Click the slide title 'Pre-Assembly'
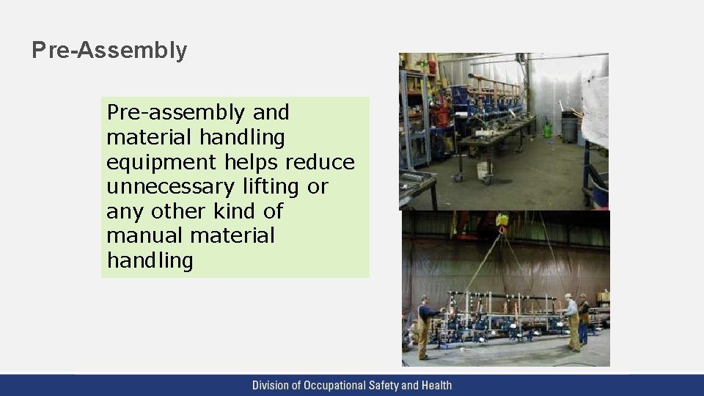pyautogui.click(x=109, y=51)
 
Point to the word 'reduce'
pyautogui.click(x=320, y=162)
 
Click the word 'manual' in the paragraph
pyautogui.click(x=144, y=236)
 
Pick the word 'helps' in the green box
pyautogui.click(x=251, y=162)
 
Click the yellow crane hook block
pyautogui.click(x=502, y=219)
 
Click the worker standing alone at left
pyautogui.click(x=423, y=326)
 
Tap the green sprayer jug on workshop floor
pyautogui.click(x=547, y=130)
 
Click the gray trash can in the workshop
pyautogui.click(x=570, y=126)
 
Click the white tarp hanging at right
pyautogui.click(x=595, y=110)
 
